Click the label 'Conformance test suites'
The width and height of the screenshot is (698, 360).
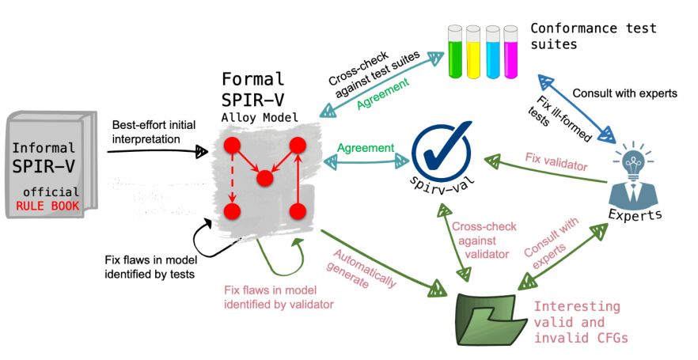(594, 36)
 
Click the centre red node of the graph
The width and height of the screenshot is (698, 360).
(264, 176)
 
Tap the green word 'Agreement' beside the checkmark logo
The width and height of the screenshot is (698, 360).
(366, 148)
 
